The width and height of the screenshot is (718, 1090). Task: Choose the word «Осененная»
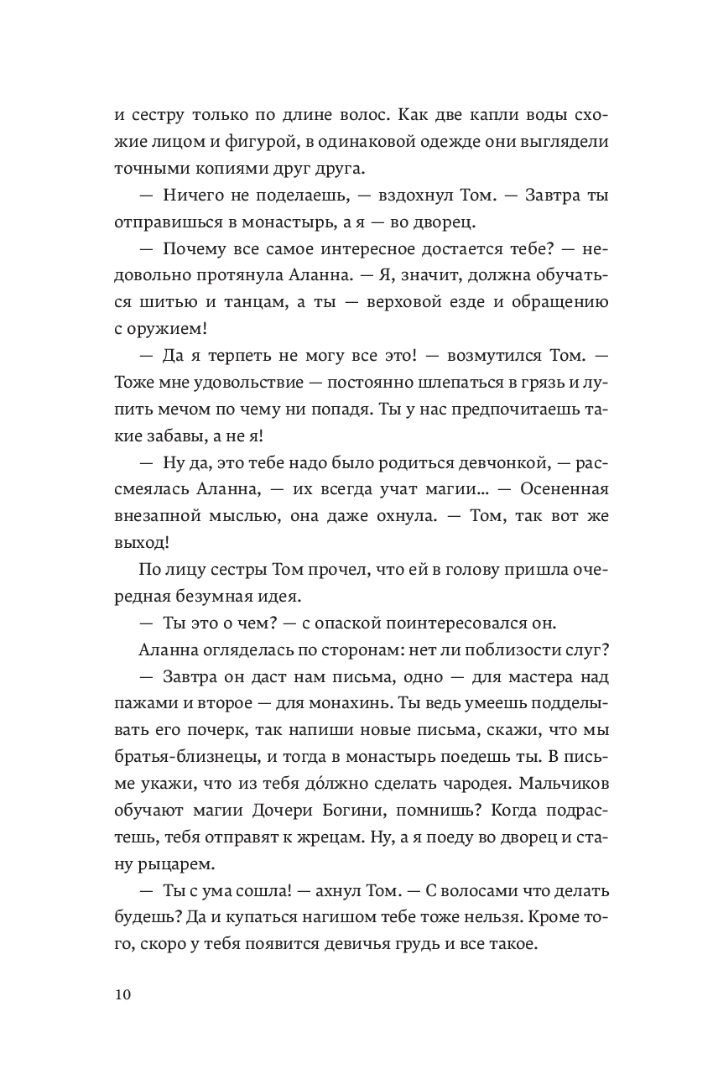[562, 495]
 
